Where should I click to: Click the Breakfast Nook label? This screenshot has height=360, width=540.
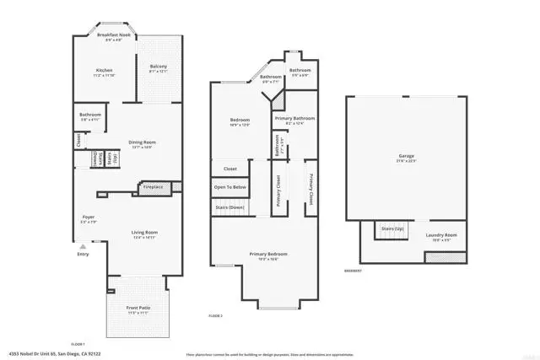click(x=111, y=35)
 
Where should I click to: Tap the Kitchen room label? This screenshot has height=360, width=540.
click(x=105, y=70)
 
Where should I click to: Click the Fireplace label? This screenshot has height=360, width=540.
click(x=153, y=186)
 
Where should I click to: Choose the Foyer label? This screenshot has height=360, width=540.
click(x=88, y=217)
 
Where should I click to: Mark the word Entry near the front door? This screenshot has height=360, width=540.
click(x=83, y=254)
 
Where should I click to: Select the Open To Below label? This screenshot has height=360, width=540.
click(x=229, y=186)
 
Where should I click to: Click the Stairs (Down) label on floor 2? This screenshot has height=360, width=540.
click(x=230, y=207)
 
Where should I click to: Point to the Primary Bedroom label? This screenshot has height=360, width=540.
click(x=267, y=254)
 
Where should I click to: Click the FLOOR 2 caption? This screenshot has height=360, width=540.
click(x=215, y=314)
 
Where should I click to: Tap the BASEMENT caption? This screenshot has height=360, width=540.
click(x=354, y=271)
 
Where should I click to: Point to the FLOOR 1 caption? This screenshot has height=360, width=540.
click(x=78, y=344)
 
